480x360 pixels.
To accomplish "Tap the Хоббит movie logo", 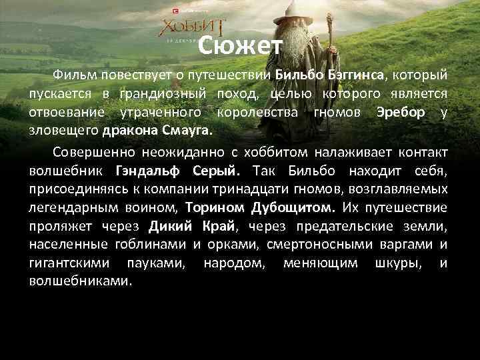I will click(192, 29).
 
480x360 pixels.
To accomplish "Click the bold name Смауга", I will click(184, 129).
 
